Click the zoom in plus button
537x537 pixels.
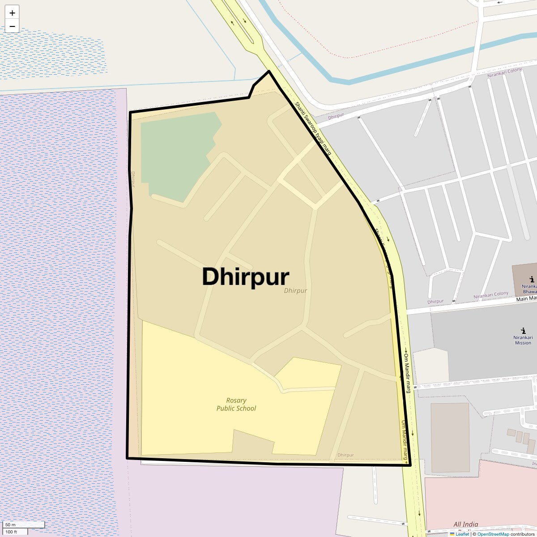tap(12, 13)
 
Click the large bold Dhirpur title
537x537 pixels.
tap(245, 277)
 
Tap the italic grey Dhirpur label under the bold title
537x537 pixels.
tap(295, 291)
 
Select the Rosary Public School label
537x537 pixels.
tap(236, 405)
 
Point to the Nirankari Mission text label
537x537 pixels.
tap(523, 340)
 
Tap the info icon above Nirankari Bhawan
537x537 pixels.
tap(531, 279)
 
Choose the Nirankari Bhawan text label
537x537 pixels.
tap(529, 289)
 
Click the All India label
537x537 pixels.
tap(465, 524)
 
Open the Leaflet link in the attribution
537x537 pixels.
tap(462, 534)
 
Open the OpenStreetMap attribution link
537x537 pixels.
tap(493, 534)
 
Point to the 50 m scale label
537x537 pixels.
tap(10, 524)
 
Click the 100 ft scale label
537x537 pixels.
tap(11, 532)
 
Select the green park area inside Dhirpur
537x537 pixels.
tap(177, 152)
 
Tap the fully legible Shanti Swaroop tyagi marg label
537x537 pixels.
tap(313, 129)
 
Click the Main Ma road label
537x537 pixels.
tap(526, 298)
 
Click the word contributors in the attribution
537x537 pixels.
tap(522, 534)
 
